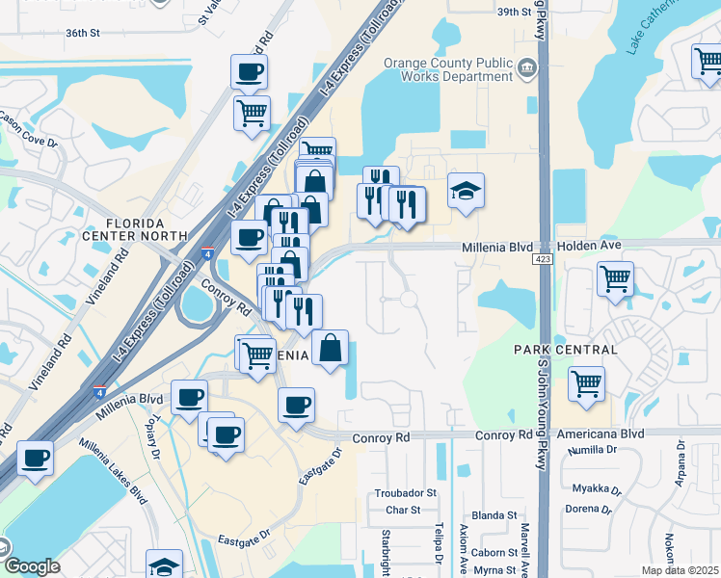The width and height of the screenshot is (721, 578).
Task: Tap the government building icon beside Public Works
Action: pos(527,66)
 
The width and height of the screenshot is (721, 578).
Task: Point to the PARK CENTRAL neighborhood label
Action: pos(565,349)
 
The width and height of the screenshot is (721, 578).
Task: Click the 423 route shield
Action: pos(542,261)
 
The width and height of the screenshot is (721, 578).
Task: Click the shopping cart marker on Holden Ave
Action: pos(615,279)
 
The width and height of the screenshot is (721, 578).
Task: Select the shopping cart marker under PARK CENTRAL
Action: pos(586,383)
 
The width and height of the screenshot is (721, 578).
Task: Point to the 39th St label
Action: pos(514,13)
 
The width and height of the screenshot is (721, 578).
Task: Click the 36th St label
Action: pos(84,33)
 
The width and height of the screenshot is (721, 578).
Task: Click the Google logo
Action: pos(32,566)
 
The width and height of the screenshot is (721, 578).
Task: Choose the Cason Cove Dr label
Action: pos(26,128)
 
